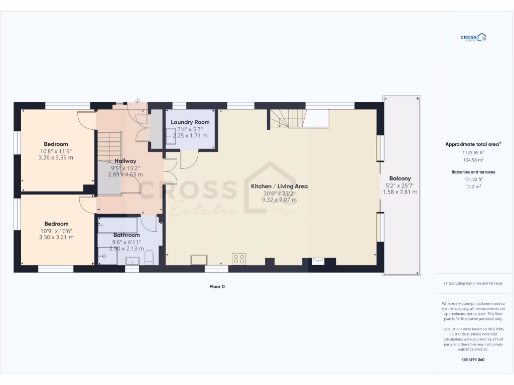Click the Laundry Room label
190,122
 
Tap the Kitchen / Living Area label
279,186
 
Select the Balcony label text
400,178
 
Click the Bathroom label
126,235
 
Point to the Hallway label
125,161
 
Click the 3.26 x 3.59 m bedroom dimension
56,157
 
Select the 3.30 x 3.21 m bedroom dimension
56,237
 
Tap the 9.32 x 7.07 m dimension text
279,200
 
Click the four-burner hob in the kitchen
239,259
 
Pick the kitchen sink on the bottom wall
199,260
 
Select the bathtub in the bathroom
119,225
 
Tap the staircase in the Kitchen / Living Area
287,119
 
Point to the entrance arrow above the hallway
138,101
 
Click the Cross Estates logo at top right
473,38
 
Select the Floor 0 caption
217,287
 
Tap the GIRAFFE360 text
473,359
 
